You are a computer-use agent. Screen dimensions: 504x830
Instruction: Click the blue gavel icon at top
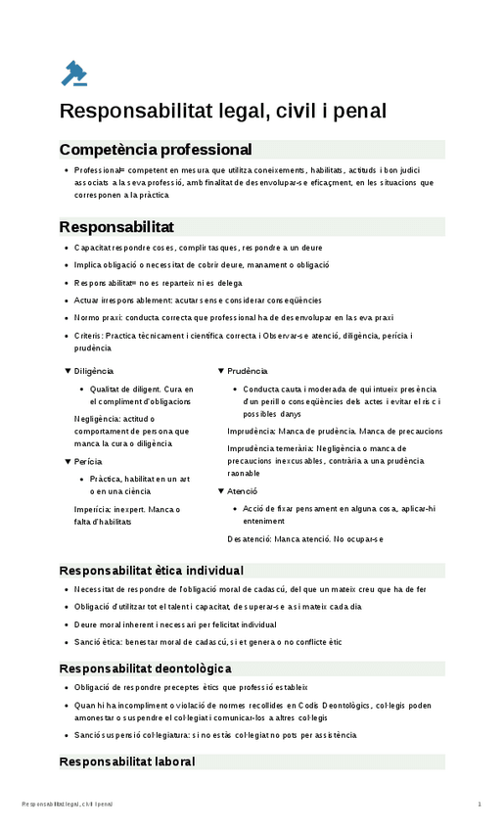74,72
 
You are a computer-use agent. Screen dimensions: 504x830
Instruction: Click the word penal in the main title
354,111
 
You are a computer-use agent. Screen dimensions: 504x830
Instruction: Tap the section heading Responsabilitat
116,227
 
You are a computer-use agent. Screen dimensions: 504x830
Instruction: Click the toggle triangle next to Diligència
68,371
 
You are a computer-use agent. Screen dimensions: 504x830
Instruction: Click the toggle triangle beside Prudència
221,371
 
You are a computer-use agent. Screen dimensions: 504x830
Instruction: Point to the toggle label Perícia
88,461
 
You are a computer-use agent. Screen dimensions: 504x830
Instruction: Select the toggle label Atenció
243,490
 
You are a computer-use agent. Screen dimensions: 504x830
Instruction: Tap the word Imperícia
94,509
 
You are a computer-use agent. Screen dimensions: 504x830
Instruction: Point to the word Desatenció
250,538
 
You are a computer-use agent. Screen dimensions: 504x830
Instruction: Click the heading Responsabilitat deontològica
145,669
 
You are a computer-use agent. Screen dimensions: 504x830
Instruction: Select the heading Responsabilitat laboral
127,761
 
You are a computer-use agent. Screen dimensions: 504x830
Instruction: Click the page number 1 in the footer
480,805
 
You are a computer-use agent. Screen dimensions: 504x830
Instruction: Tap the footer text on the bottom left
67,805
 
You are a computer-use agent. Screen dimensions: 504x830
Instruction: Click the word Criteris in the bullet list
90,336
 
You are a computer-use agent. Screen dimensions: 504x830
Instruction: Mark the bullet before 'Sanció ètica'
65,642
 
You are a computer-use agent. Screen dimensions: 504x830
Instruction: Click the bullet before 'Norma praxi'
65,318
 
